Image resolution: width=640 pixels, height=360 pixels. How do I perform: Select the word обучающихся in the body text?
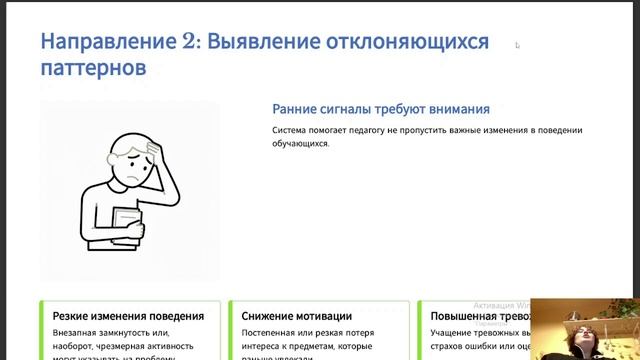point(299,144)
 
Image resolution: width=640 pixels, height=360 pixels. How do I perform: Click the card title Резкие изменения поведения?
point(121,316)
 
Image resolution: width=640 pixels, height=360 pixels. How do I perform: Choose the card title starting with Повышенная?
point(470,316)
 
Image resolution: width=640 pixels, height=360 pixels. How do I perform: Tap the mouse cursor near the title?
point(517,45)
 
